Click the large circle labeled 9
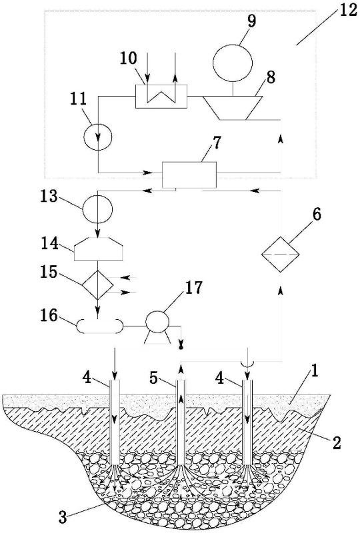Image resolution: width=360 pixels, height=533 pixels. (x=233, y=63)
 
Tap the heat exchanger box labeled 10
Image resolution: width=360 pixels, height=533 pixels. (x=161, y=96)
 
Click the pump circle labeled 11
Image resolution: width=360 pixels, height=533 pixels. (x=98, y=136)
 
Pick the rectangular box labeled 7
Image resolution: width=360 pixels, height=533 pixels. (x=189, y=175)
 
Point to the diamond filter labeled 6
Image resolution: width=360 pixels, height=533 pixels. (x=281, y=254)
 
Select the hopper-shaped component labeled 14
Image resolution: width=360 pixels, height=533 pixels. (x=98, y=249)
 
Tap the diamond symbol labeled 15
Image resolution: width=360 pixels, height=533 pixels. (x=97, y=284)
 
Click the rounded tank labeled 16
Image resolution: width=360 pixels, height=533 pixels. (x=99, y=326)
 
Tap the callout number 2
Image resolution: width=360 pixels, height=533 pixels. (x=336, y=443)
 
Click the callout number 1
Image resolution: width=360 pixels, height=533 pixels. (x=315, y=373)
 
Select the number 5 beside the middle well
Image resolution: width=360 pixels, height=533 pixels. (x=155, y=378)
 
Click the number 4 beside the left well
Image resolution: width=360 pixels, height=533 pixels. (x=87, y=378)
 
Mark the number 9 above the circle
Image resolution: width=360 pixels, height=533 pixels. (x=251, y=21)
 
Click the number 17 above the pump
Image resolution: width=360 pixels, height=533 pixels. (x=193, y=288)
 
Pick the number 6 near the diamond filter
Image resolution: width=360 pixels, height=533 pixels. (x=316, y=215)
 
